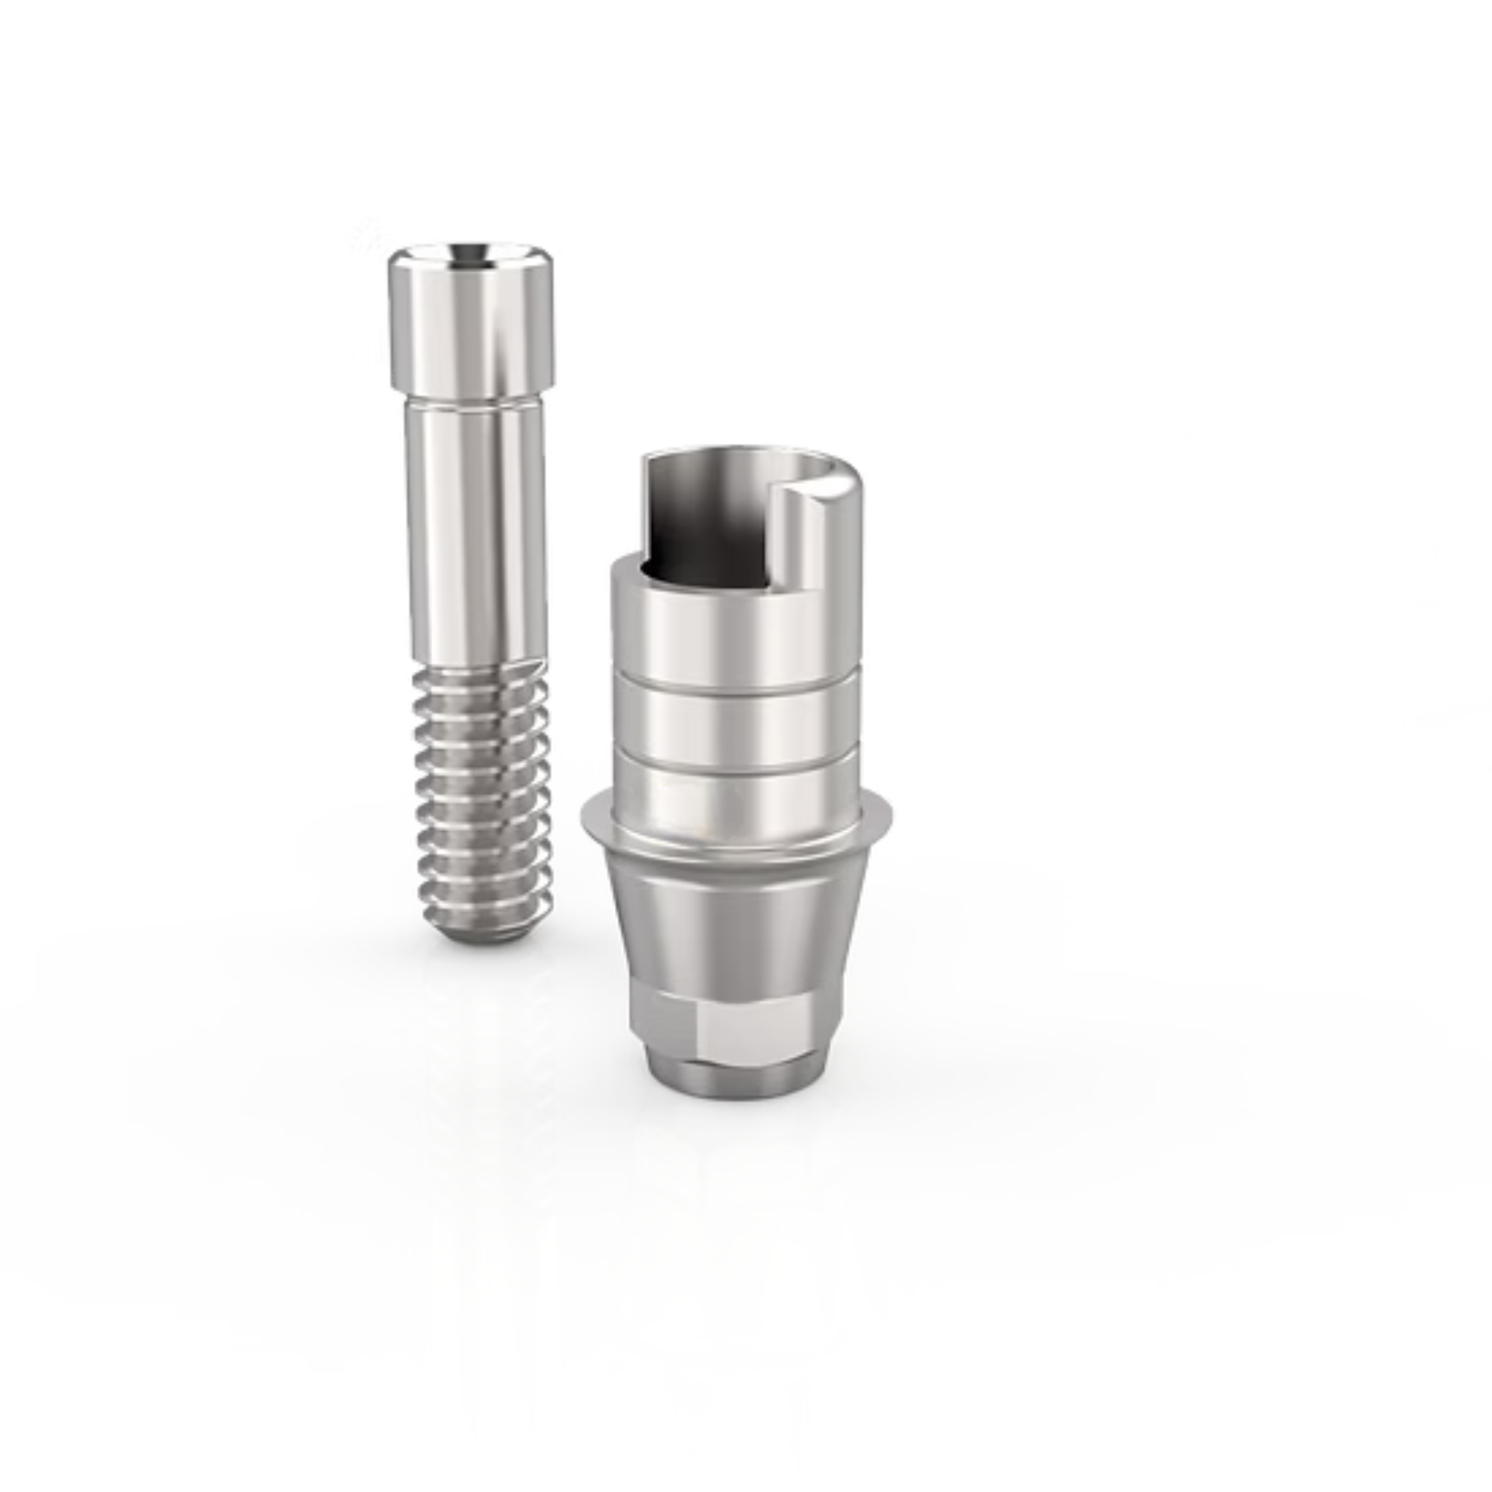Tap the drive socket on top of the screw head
click(470, 254)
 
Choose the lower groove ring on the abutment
click(733, 748)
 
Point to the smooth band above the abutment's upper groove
click(733, 633)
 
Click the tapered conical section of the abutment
click(733, 927)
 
